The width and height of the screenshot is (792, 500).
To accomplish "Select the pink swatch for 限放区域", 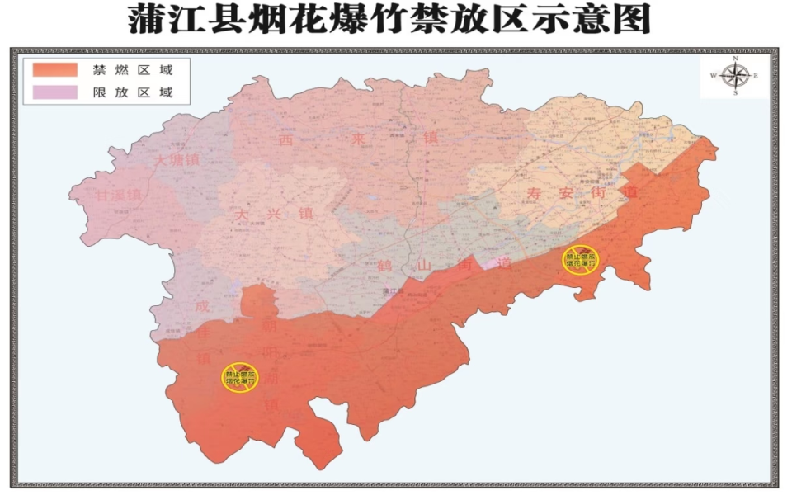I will (55, 92).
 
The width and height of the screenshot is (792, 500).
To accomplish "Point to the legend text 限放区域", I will (133, 92).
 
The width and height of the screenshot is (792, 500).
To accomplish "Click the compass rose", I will (733, 76).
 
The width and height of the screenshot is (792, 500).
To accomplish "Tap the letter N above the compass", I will (734, 59).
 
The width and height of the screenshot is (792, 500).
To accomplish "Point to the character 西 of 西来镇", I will (286, 141).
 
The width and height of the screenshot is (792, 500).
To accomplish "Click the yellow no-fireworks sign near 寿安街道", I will (581, 259).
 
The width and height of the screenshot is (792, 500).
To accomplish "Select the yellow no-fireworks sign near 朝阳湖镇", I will (239, 377).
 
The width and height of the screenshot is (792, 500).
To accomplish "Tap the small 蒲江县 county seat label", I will (394, 290).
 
